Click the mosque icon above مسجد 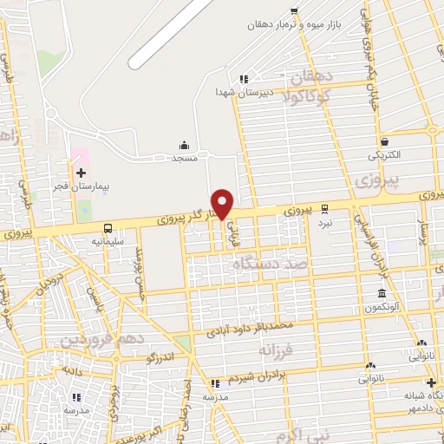pos(184,145)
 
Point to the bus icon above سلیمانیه pos(108,229)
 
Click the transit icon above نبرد pos(324,209)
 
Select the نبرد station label pos(323,222)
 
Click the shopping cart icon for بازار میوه pos(295,11)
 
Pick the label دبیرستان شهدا pos(246,90)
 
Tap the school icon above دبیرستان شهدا pos(245,78)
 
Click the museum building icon pos(382,294)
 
